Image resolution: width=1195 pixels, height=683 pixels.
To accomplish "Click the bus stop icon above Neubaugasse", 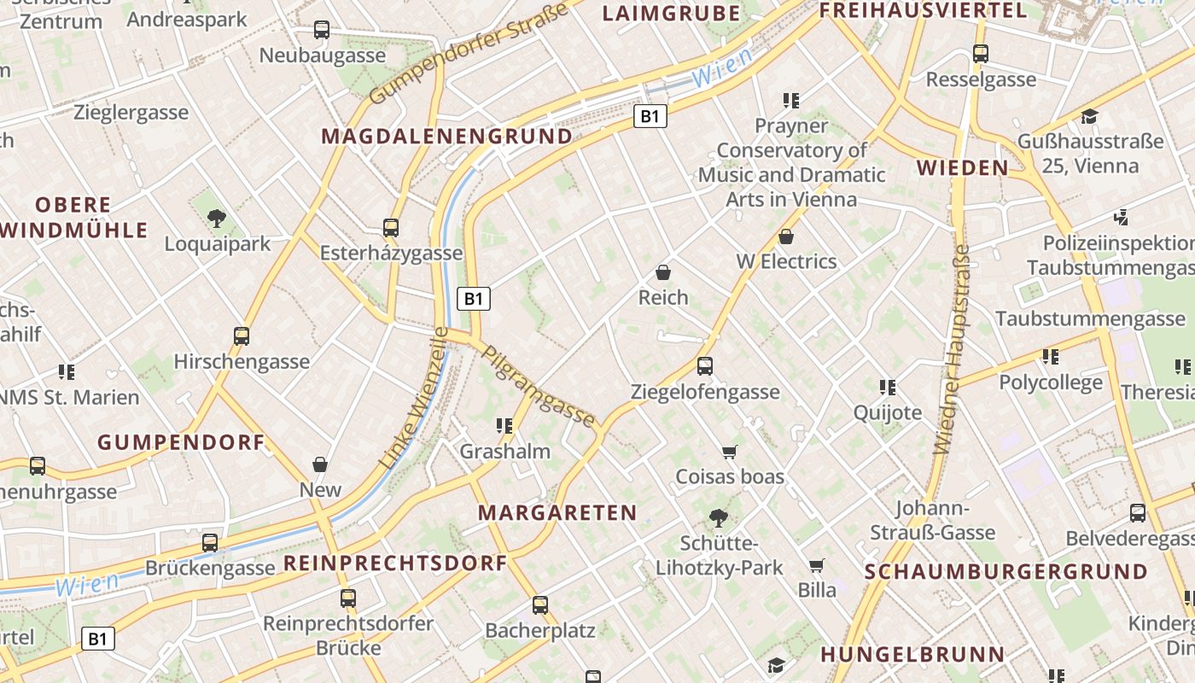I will pos(322,30).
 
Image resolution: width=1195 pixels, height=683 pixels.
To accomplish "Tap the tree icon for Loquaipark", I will pos(217,219).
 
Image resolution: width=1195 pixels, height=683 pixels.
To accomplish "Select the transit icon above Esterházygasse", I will pos(391,228).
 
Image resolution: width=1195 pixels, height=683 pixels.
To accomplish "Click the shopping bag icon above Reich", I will pos(663,272).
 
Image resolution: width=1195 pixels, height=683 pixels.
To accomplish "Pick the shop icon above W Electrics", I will pos(786,236).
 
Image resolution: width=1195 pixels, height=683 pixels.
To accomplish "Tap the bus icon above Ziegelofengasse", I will pos(705,366).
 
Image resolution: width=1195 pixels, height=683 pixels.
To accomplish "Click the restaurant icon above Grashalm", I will pos(504,425).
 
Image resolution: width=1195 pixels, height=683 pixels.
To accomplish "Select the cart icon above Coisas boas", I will pos(729,452).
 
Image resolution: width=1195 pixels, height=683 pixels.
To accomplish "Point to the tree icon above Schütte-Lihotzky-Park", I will pos(719,517).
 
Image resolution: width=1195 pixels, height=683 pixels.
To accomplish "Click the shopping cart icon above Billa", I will pos(817,565).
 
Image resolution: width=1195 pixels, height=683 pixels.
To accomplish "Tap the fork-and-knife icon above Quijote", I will pos(888,388).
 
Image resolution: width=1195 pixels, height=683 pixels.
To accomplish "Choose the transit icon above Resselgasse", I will pos(981,54).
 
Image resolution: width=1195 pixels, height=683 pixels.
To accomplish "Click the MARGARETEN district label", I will pos(557,512).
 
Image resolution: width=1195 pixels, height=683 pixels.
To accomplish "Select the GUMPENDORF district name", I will pos(181,442).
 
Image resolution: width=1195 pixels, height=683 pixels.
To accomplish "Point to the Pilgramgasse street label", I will pos(539,385).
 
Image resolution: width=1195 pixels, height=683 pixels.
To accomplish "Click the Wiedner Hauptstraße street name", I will pos(952,350).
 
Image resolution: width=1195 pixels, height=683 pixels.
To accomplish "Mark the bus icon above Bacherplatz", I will pos(540,605).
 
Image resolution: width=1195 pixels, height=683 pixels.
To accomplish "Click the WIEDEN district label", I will pos(963,167).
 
